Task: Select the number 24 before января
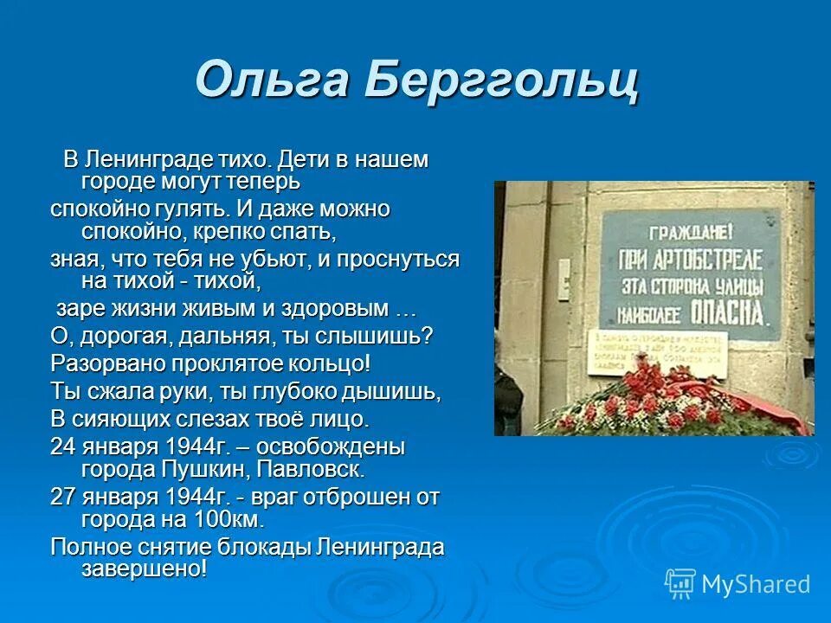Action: point(63,447)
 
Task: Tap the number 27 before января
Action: point(63,497)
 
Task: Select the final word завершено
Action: point(144,569)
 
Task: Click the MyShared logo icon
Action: point(680,584)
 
